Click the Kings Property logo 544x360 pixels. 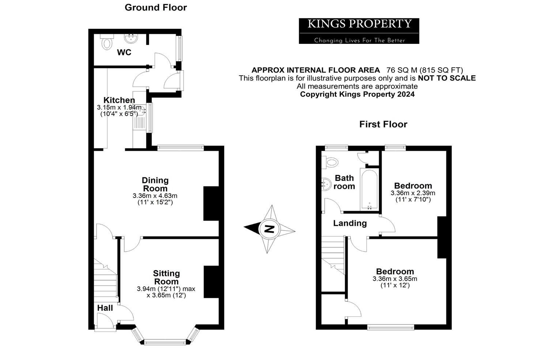tap(359, 31)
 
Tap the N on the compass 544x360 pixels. tap(269, 229)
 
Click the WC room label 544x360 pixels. tap(124, 52)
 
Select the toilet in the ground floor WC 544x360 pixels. tap(107, 43)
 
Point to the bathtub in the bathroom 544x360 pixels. tap(369, 190)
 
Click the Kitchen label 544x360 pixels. tap(119, 100)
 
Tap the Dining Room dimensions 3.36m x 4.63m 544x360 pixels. tap(155, 196)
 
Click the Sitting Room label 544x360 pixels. tap(166, 277)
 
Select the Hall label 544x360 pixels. tap(105, 308)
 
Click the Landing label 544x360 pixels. tap(350, 223)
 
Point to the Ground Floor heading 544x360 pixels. tap(156, 7)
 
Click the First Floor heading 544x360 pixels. tap(383, 124)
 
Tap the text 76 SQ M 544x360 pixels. tap(401, 70)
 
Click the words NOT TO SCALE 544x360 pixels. tap(447, 78)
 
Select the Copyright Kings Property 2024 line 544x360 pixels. tap(357, 94)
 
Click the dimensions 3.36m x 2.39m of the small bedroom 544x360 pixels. tap(413, 193)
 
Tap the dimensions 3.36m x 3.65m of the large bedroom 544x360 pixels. tap(395, 279)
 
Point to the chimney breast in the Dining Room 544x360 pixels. tap(211, 203)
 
